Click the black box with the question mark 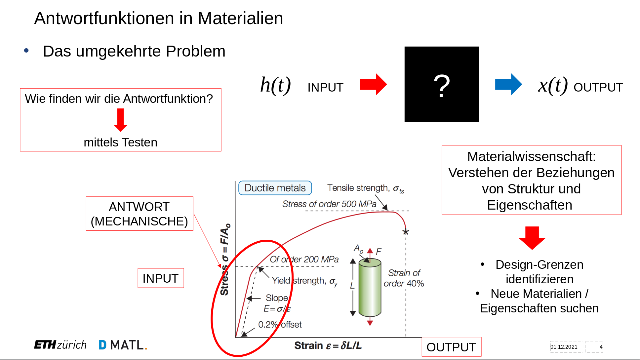(x=441, y=84)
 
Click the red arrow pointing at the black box (x=373, y=84)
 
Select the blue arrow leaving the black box (x=508, y=84)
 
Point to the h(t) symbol (x=275, y=85)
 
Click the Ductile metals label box (x=275, y=188)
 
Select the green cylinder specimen (x=370, y=287)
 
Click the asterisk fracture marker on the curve (x=406, y=232)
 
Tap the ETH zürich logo (x=60, y=345)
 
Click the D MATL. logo (x=123, y=345)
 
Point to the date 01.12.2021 (x=564, y=347)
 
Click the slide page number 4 (x=601, y=347)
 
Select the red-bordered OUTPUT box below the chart (x=451, y=347)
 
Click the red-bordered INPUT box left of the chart (x=161, y=278)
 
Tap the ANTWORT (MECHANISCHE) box (x=140, y=214)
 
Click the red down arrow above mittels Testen (x=121, y=120)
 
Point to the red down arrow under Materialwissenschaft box (x=532, y=238)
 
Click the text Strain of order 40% (x=404, y=278)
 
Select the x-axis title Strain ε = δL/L (x=328, y=345)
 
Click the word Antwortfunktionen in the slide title (x=104, y=18)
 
